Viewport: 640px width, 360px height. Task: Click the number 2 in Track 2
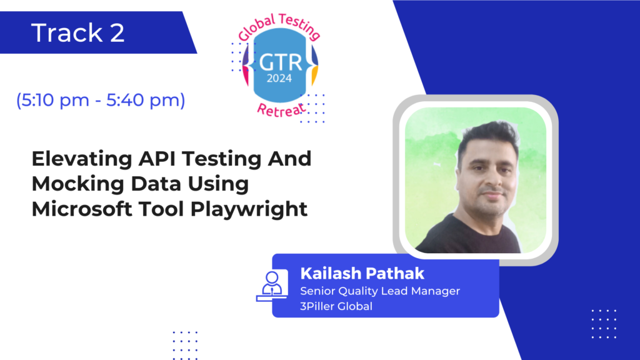coord(117,32)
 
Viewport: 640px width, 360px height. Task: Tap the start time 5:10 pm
coord(55,100)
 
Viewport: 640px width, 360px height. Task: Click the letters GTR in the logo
coord(281,63)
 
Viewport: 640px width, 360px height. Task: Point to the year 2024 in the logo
coord(279,78)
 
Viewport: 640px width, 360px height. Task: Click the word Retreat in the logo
coord(281,110)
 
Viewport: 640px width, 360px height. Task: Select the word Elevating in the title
coord(82,159)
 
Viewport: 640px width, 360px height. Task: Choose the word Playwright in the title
coord(249,209)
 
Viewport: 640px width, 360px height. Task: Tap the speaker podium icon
coord(272,286)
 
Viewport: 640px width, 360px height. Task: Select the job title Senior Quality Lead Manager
coord(380,291)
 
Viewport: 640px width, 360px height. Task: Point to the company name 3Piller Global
coord(336,306)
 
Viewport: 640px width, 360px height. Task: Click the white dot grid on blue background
coord(604,324)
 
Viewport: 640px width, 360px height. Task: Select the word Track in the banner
coord(67,32)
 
